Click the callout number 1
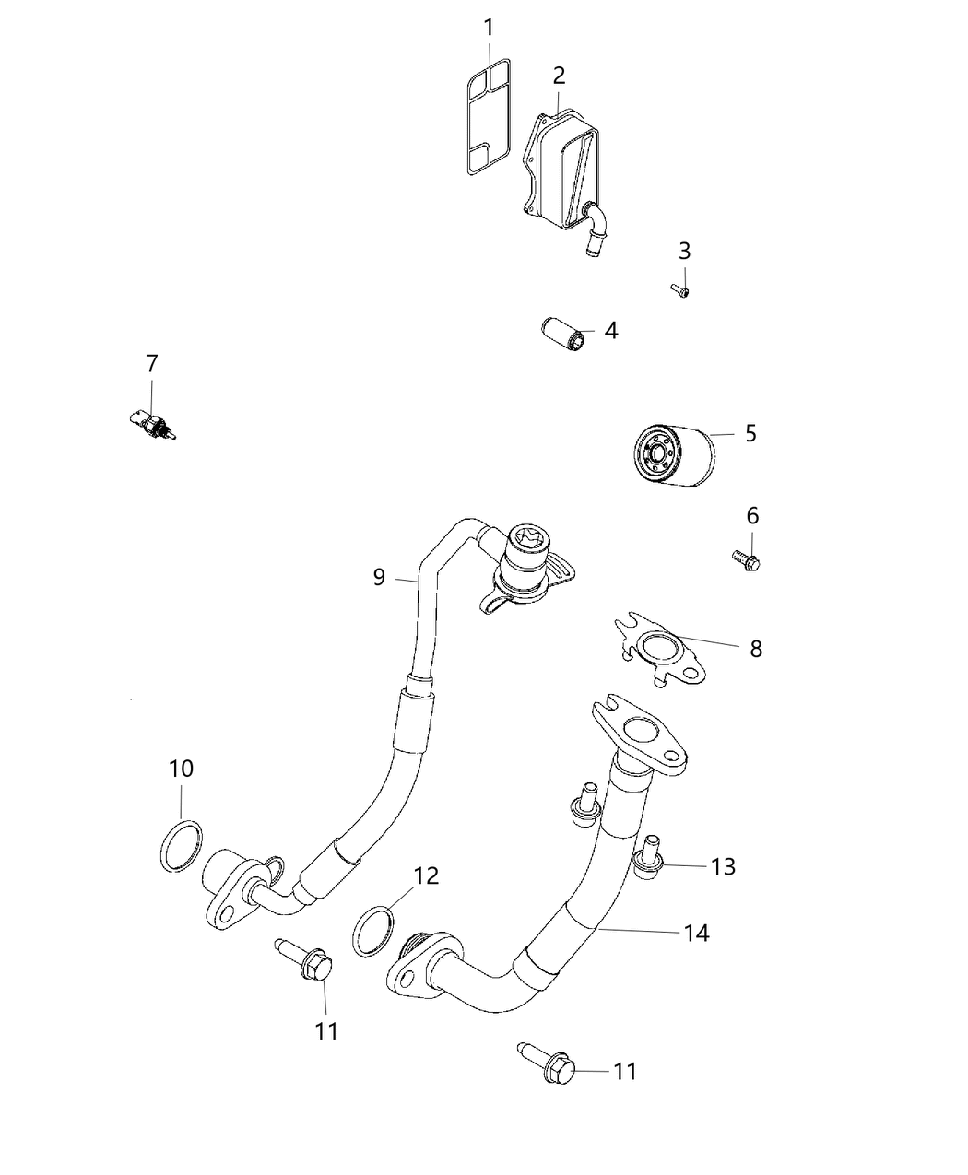(x=489, y=28)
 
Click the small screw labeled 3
(x=680, y=291)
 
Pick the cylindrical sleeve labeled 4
(x=564, y=334)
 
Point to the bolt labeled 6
(x=743, y=558)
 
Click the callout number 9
(x=378, y=577)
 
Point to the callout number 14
(x=697, y=932)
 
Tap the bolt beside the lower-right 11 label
(x=549, y=1063)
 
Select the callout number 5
(x=750, y=432)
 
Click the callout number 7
(x=152, y=363)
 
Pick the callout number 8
(x=756, y=648)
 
